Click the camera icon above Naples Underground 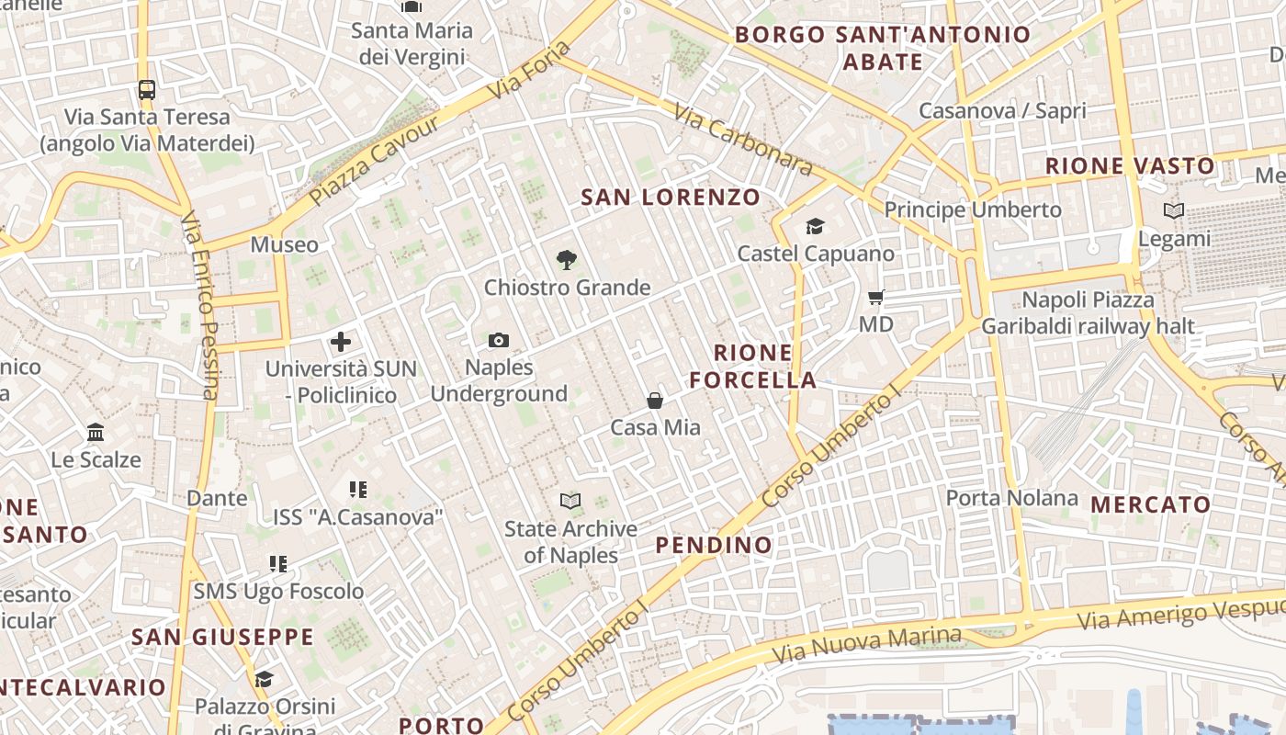(499, 341)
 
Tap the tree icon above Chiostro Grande (567, 260)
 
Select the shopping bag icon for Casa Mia (655, 401)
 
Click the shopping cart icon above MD (875, 297)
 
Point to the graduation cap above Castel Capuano (815, 226)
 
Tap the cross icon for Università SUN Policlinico (341, 343)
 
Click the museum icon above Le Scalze (96, 432)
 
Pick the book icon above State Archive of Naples (570, 501)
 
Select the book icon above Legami (1174, 211)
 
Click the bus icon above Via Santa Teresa (147, 89)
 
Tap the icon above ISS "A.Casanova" (357, 490)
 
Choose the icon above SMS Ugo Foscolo (278, 563)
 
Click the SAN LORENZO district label (671, 197)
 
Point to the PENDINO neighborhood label (714, 545)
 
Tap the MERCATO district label (1150, 504)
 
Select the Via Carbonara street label (743, 139)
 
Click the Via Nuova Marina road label (866, 645)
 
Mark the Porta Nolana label (1012, 498)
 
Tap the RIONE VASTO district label (1130, 166)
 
